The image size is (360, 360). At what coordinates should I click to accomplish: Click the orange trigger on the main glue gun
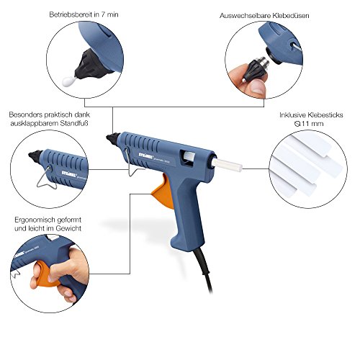(163, 192)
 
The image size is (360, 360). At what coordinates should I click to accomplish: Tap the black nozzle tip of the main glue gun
(112, 138)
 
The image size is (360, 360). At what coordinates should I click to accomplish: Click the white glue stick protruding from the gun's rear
(228, 165)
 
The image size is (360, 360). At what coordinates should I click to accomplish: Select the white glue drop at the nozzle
(68, 81)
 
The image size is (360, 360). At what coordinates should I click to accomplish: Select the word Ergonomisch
(32, 220)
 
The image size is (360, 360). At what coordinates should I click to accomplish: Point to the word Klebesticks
(325, 115)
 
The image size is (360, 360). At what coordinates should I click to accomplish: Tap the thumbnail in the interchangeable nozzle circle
(257, 89)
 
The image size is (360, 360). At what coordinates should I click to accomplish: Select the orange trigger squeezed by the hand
(45, 275)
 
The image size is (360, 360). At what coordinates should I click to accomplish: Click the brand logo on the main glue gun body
(145, 155)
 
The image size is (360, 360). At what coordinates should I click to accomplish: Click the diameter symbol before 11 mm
(297, 124)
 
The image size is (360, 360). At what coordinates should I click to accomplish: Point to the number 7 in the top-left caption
(103, 14)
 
